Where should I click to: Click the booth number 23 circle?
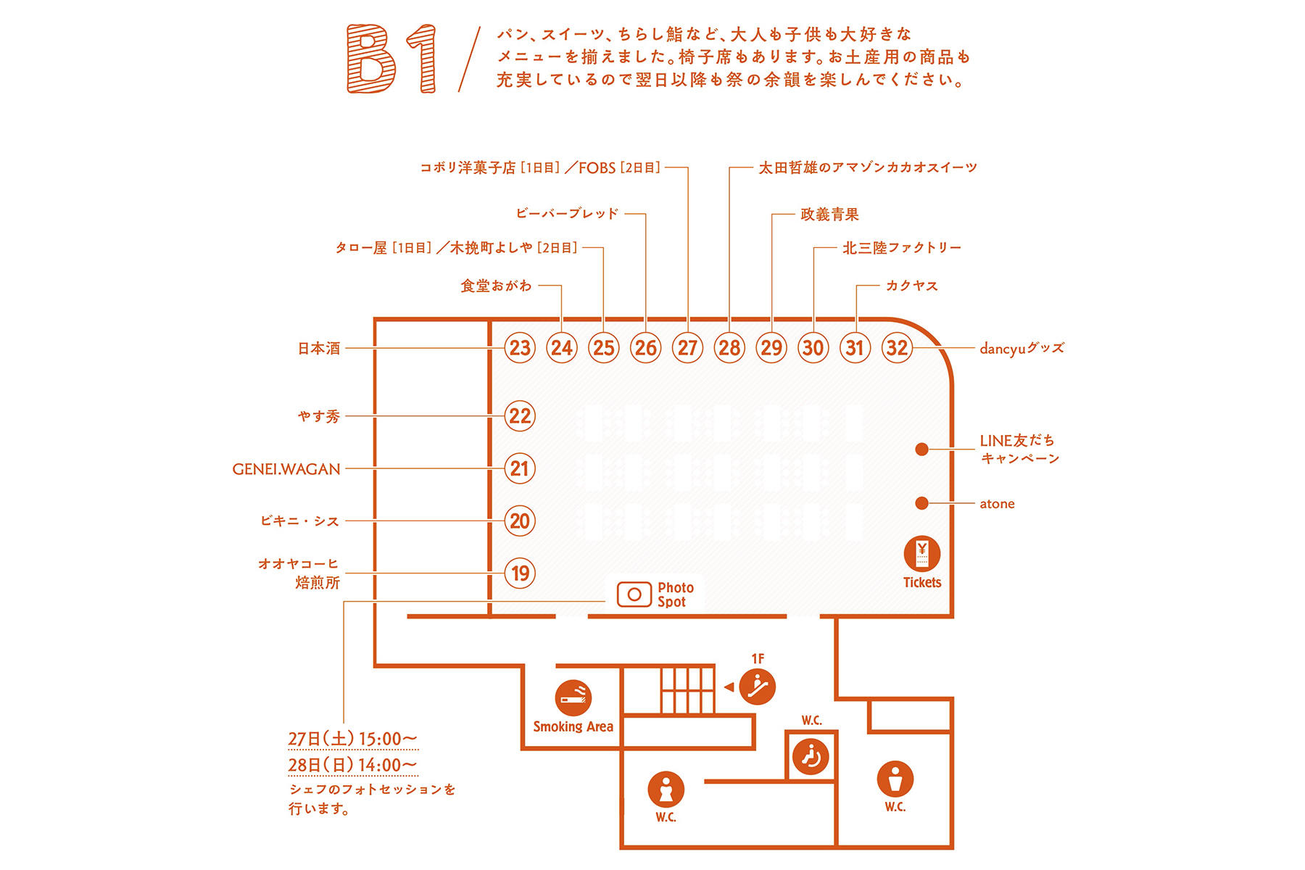pos(520,348)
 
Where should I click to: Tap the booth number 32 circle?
pos(897,348)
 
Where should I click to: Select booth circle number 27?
pos(687,348)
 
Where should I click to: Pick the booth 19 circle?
pos(520,573)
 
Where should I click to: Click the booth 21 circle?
pos(520,468)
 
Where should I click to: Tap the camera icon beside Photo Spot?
pos(634,594)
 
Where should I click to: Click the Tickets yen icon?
pos(921,554)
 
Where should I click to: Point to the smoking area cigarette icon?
pos(573,697)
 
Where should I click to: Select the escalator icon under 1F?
pos(758,687)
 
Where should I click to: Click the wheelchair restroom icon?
pos(811,757)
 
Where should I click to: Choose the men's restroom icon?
pos(895,779)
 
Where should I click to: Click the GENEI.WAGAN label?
pos(286,469)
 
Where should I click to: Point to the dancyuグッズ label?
pos(1022,349)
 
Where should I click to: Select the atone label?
pos(997,504)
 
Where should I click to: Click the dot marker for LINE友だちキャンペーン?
pos(921,449)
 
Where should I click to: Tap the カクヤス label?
pos(911,286)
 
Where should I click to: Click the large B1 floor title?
pos(391,59)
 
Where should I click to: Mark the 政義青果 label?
pos(829,215)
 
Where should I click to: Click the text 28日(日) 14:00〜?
pos(352,765)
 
